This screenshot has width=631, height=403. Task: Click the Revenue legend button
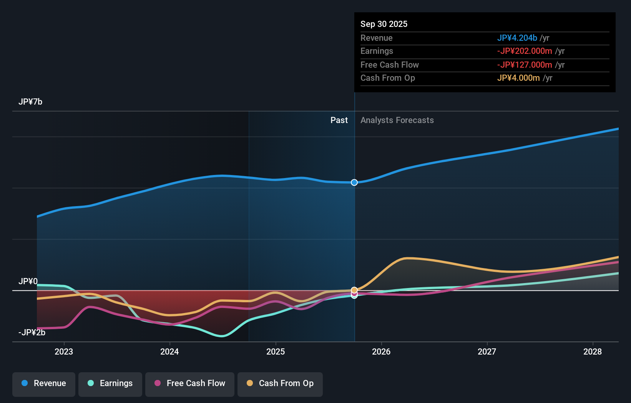[x=44, y=383]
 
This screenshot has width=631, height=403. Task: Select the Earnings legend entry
[x=110, y=383]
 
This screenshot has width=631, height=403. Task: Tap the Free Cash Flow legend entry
[x=190, y=383]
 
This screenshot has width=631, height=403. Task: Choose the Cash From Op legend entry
[x=280, y=383]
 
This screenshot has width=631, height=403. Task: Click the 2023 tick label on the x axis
[x=64, y=351]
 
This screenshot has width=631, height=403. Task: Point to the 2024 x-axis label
[x=169, y=351]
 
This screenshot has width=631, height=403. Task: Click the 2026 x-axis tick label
[x=381, y=351]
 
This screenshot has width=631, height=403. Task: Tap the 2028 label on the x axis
[x=593, y=351]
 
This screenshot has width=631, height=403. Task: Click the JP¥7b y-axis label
[x=30, y=102]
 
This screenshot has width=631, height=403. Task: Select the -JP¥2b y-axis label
[x=32, y=332]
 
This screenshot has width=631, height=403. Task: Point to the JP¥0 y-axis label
[x=28, y=281]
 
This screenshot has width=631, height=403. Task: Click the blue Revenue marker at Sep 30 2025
[x=354, y=182]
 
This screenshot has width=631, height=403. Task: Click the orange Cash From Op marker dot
[x=354, y=290]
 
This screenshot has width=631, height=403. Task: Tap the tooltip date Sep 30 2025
[x=384, y=24]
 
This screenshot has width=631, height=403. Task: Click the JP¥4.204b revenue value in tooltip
[x=517, y=38]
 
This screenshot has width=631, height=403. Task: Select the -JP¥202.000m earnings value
[x=525, y=51]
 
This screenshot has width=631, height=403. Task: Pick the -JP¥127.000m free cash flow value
[x=525, y=65]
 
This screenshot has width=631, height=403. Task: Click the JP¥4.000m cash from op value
[x=518, y=78]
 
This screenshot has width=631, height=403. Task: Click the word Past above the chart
[x=339, y=120]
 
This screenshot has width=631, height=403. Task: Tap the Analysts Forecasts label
[x=397, y=120]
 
